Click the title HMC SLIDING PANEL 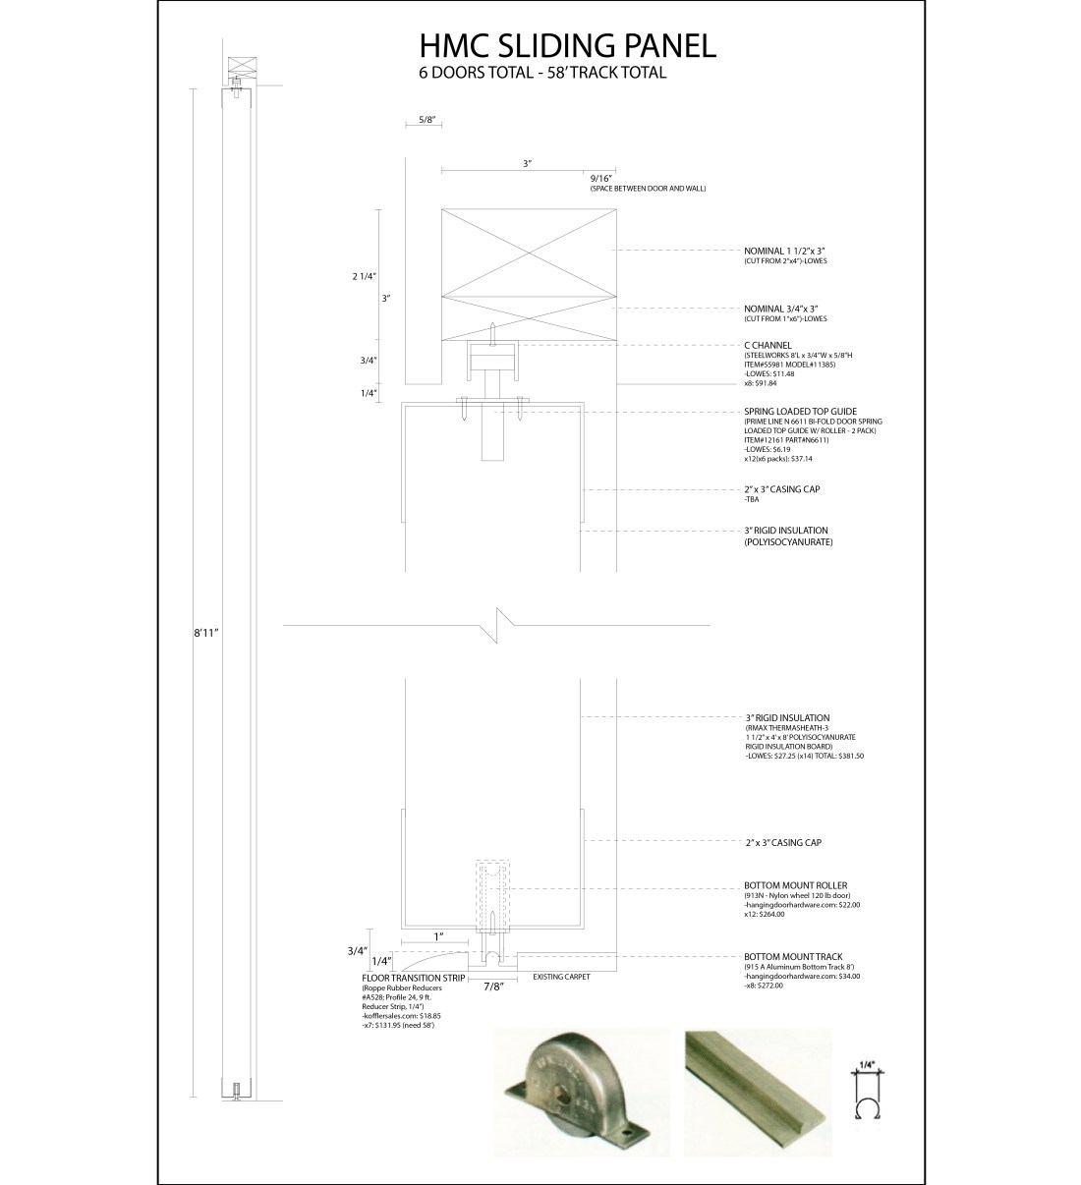567,46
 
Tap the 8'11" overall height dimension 205,634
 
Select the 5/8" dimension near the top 427,119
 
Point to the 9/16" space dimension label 601,178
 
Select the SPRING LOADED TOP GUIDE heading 800,412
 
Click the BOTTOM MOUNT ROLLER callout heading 795,885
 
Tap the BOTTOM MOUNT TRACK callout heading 792,956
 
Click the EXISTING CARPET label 565,978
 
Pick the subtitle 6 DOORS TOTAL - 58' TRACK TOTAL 542,73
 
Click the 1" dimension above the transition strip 439,935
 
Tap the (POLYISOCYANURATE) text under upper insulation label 789,541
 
